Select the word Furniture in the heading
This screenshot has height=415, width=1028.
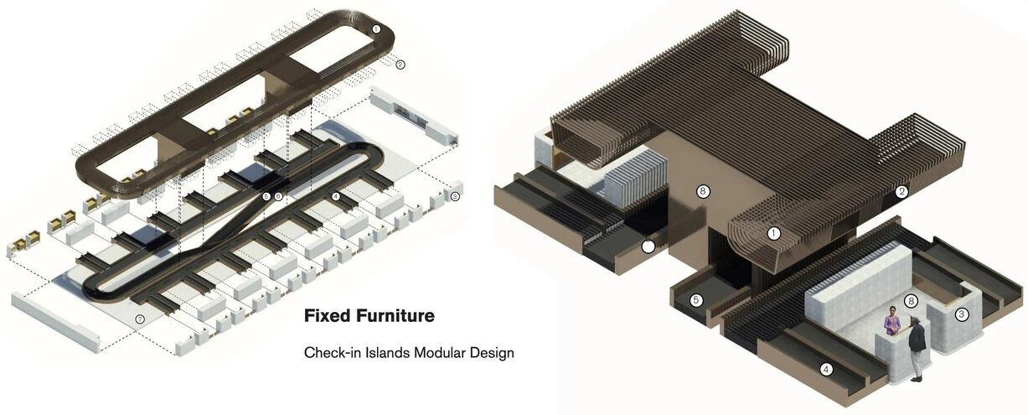click(x=395, y=316)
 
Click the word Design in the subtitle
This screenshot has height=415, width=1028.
click(x=493, y=354)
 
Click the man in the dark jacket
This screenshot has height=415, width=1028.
click(x=916, y=349)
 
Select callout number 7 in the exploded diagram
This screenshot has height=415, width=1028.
click(x=141, y=319)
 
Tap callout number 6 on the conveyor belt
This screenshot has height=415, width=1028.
click(x=278, y=196)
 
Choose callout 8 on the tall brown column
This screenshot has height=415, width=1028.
click(x=703, y=191)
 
